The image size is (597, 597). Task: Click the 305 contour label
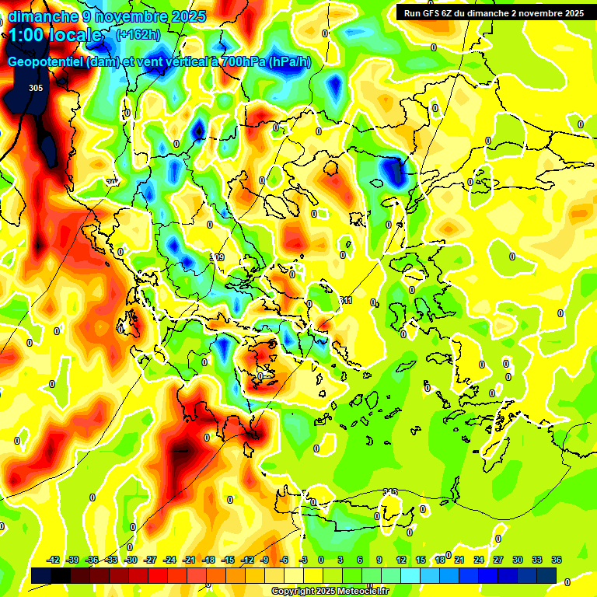(35, 88)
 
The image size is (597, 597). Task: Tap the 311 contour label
(346, 300)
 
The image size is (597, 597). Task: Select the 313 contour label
(390, 491)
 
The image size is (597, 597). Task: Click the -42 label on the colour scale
(54, 560)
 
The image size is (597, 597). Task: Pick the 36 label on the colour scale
(557, 560)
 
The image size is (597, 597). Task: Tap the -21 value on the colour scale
(189, 560)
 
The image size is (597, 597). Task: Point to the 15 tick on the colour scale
(421, 560)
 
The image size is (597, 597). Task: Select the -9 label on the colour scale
(264, 560)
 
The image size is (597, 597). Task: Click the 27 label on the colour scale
(498, 560)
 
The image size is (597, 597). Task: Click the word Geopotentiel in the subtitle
(46, 62)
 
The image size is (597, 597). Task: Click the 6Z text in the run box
(449, 13)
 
